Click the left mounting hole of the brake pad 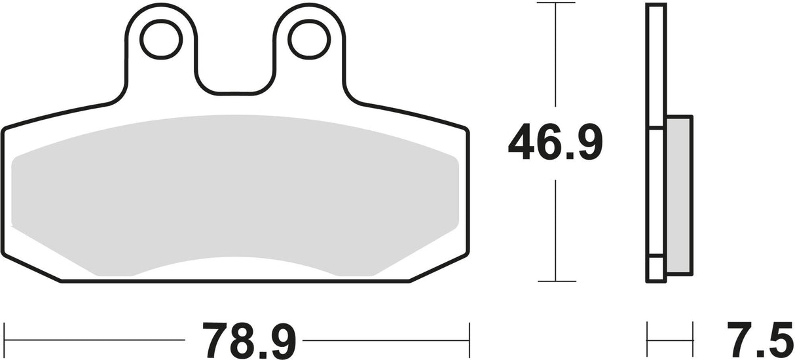click(159, 40)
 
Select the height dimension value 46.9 click(554, 144)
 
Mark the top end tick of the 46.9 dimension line click(555, 4)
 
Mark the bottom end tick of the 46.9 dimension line click(555, 282)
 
